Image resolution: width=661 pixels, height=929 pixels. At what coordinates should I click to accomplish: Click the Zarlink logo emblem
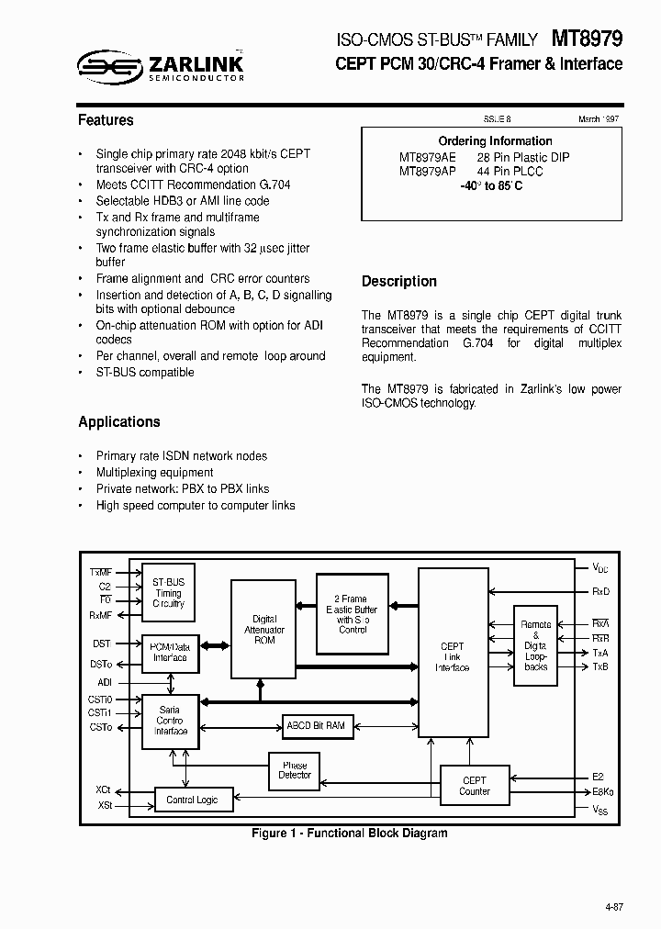[108, 64]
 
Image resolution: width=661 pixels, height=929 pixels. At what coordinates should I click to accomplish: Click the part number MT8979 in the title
[588, 39]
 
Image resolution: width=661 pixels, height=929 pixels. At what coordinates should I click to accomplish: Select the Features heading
[106, 120]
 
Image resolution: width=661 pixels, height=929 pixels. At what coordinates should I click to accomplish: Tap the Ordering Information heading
[495, 141]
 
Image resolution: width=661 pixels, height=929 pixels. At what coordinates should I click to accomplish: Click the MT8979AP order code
[428, 172]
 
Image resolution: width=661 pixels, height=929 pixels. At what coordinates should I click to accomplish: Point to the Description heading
[398, 282]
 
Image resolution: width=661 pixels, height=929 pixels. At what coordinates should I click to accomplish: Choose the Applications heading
[119, 422]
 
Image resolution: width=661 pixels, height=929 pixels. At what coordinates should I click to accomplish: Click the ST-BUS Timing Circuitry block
[169, 592]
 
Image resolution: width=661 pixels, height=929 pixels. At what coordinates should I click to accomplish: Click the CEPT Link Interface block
[453, 657]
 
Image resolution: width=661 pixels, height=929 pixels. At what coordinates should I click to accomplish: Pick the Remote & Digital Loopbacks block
[535, 645]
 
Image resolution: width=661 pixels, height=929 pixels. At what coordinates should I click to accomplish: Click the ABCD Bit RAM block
[316, 725]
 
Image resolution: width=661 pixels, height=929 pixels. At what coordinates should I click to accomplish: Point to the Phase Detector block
[295, 771]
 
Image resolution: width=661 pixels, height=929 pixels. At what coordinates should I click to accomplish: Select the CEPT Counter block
[475, 786]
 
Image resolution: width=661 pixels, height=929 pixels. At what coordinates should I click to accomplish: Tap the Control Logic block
[193, 800]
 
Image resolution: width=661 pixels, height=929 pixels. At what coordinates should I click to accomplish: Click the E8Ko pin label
[603, 791]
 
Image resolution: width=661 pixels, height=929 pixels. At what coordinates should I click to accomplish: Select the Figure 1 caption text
[350, 834]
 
